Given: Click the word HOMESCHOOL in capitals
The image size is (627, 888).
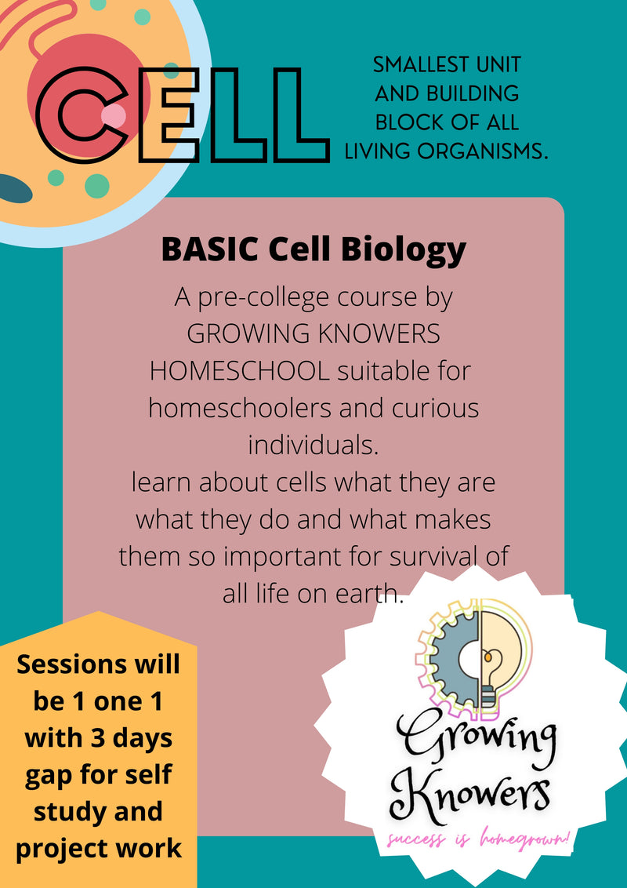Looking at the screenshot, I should click(239, 369).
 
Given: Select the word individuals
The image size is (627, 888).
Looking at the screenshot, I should click(313, 445).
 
